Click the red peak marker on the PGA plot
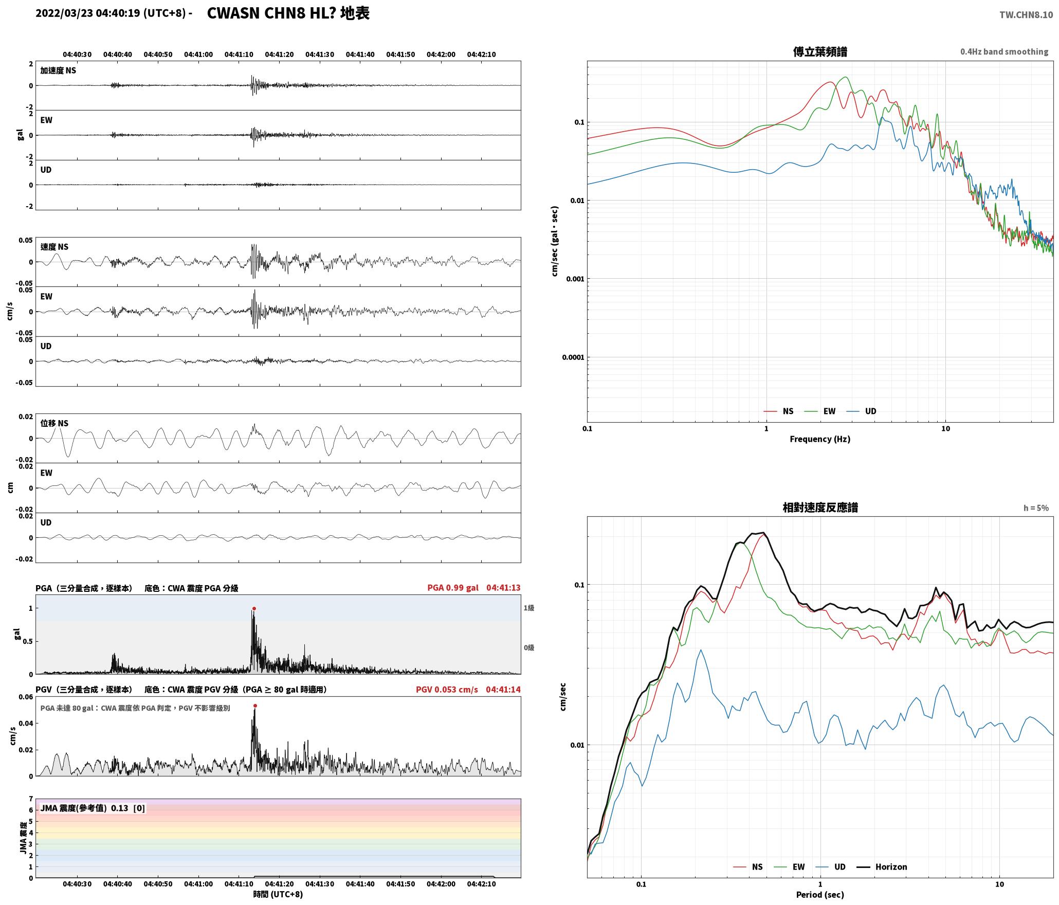point(254,608)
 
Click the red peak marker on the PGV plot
point(255,705)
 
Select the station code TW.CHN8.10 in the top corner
point(1026,15)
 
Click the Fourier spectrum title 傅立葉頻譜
point(820,51)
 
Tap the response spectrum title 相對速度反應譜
point(820,508)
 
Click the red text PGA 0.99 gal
point(453,588)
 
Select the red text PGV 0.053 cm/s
point(447,689)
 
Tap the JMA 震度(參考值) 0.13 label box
point(93,808)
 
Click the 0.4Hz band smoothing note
point(1004,51)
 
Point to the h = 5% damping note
point(1036,508)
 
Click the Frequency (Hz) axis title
point(820,439)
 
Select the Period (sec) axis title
point(820,895)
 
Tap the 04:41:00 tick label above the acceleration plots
point(198,55)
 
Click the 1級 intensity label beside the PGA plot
point(529,608)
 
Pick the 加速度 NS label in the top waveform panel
point(58,70)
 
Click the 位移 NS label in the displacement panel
point(54,423)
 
